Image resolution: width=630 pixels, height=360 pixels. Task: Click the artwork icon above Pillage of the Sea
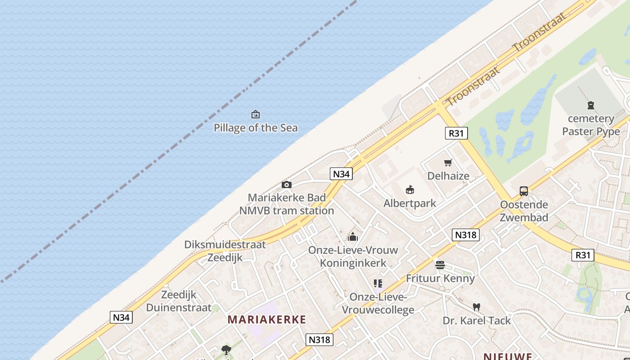[256, 114]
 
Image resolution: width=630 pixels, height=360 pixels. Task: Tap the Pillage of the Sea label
[256, 128]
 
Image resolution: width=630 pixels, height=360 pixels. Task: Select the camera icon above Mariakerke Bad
[286, 184]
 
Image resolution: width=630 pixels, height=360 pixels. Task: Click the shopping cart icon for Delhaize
[448, 163]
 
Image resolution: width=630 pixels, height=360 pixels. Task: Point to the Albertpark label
[409, 203]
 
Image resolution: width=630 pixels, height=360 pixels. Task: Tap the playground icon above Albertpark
[409, 189]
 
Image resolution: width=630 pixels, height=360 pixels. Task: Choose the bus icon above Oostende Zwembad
[524, 191]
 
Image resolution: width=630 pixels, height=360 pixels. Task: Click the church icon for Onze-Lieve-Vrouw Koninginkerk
[353, 236]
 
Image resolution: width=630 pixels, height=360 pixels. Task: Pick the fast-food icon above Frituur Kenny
[440, 265]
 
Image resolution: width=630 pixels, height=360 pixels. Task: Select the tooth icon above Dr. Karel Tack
[477, 307]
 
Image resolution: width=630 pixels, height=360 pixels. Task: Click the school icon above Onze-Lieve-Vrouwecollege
[378, 283]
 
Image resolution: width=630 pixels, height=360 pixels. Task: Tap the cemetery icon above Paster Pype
[591, 105]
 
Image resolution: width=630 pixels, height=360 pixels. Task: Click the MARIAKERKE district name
[267, 320]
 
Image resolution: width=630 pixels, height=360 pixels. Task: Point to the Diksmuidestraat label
[225, 245]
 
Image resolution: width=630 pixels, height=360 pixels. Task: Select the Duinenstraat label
[179, 308]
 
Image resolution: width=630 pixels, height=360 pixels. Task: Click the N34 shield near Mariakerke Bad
[341, 174]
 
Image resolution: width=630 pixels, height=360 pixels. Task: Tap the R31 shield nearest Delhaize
[456, 133]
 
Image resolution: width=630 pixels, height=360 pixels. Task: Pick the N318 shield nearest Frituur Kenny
[466, 234]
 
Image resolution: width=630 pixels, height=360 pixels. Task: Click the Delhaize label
[448, 176]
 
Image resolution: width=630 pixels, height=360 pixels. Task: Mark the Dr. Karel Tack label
[477, 320]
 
